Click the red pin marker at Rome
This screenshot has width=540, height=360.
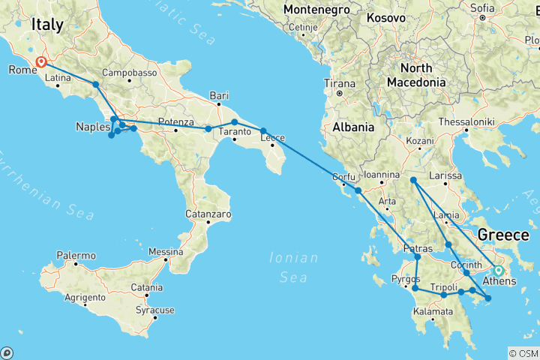click(x=40, y=63)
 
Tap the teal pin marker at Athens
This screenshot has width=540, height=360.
click(x=499, y=270)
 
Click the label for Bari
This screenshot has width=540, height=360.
click(x=219, y=95)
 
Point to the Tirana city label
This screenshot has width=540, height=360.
click(x=338, y=83)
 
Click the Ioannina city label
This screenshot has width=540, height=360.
click(x=378, y=175)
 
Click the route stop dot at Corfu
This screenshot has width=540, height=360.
click(x=358, y=190)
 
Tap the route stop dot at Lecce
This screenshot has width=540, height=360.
click(x=264, y=131)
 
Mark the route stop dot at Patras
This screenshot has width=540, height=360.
click(x=418, y=257)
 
